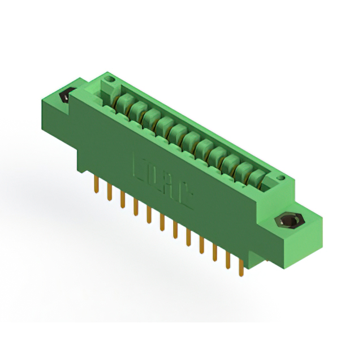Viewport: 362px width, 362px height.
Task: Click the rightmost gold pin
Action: (x=242, y=266)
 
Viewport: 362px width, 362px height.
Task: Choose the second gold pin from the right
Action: (x=229, y=259)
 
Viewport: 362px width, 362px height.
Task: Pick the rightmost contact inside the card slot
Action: (x=258, y=177)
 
